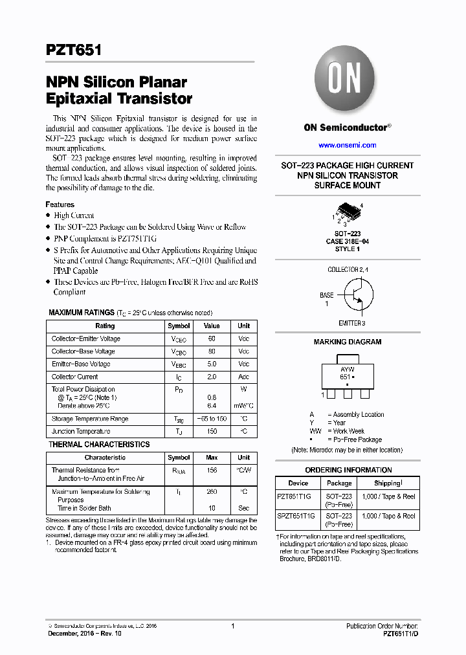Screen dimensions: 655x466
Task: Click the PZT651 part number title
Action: coord(72,51)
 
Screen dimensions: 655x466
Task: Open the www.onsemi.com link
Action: coord(347,145)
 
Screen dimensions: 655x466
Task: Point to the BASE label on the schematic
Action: coord(327,295)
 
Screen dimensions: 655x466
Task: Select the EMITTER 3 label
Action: coord(351,322)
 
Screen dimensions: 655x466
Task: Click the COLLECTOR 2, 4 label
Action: coord(348,269)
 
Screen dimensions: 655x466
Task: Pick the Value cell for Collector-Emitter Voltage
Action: coord(212,339)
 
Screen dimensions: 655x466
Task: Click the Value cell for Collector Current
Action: coord(212,377)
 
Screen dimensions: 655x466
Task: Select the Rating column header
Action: coord(105,326)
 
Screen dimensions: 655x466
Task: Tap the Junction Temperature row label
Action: coord(81,431)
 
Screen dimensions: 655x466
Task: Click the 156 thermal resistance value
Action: coord(212,471)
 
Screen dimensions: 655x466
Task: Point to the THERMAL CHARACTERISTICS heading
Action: coord(99,445)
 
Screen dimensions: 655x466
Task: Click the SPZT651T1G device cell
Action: coord(296,516)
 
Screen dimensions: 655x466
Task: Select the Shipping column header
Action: coord(388,483)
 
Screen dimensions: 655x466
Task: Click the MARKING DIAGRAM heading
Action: coord(348,342)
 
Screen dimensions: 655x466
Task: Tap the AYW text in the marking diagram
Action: coord(348,368)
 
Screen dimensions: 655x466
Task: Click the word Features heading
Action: coord(60,205)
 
